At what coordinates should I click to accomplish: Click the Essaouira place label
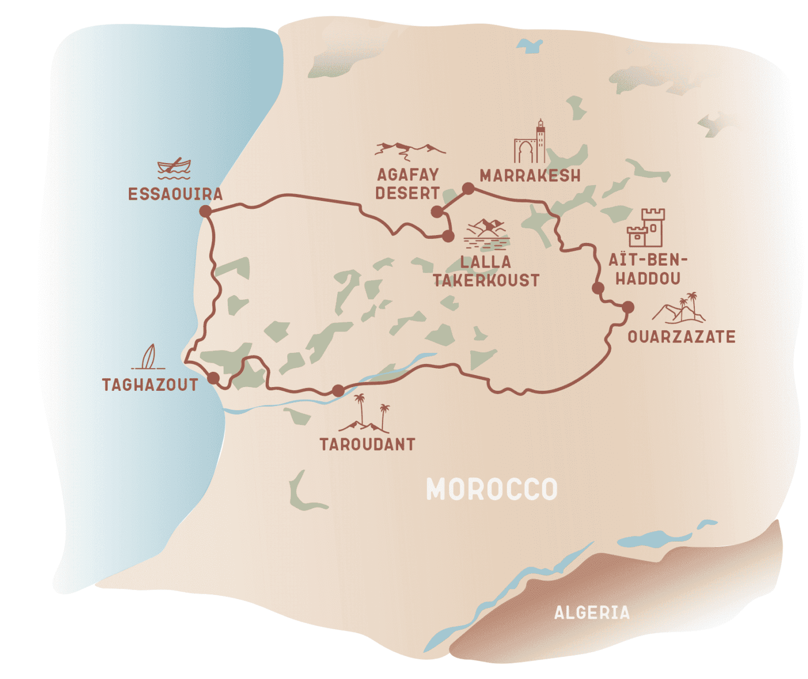pyautogui.click(x=175, y=194)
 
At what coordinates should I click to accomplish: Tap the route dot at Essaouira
pyautogui.click(x=205, y=211)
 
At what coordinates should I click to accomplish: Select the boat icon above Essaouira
pyautogui.click(x=174, y=168)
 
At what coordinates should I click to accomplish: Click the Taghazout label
pyautogui.click(x=150, y=385)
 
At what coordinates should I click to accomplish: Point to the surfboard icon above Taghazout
pyautogui.click(x=149, y=357)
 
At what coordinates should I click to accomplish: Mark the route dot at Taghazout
pyautogui.click(x=213, y=378)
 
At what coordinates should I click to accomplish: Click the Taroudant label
pyautogui.click(x=367, y=444)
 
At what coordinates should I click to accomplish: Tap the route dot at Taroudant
pyautogui.click(x=338, y=391)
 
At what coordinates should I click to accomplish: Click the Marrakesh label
pyautogui.click(x=530, y=176)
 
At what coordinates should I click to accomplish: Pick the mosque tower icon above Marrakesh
pyautogui.click(x=530, y=142)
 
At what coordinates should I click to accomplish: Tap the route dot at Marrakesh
pyautogui.click(x=468, y=188)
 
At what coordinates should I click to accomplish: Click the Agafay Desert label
pyautogui.click(x=408, y=184)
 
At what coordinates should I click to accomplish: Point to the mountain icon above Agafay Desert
pyautogui.click(x=409, y=150)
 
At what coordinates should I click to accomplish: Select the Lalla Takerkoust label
pyautogui.click(x=486, y=271)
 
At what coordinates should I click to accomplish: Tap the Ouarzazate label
pyautogui.click(x=681, y=337)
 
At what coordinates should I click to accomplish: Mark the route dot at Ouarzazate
pyautogui.click(x=628, y=307)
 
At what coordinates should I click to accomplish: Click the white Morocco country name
pyautogui.click(x=491, y=490)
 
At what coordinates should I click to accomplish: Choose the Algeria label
pyautogui.click(x=592, y=613)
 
